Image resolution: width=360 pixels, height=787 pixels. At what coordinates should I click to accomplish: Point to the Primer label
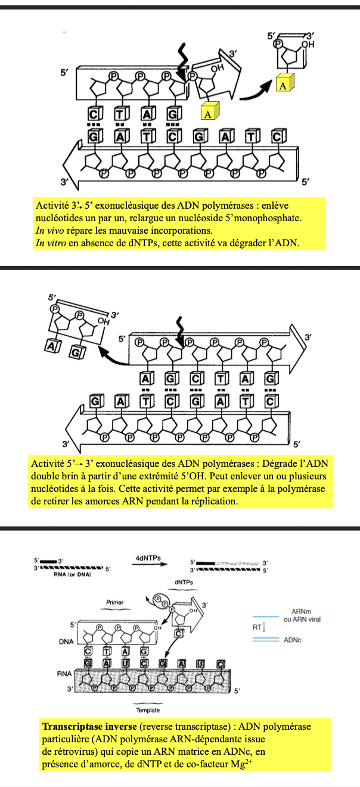[114, 603]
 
